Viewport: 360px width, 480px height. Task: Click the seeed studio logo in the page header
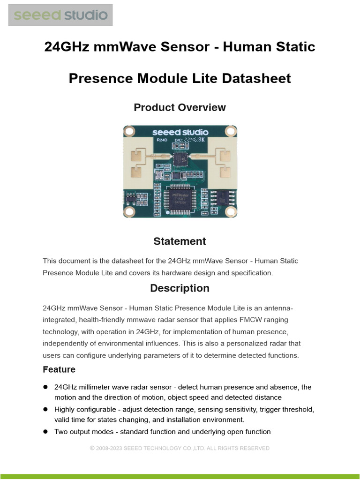60,15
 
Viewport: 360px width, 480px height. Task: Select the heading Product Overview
180,107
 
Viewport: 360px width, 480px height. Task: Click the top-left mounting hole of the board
129,131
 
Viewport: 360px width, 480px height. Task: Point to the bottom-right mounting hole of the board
230,212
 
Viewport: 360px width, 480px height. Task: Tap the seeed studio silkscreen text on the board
180,132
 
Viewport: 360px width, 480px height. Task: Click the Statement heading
180,241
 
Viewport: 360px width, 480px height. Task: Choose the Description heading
180,288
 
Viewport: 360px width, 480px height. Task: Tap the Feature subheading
59,369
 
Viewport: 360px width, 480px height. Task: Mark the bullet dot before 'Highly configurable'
46,409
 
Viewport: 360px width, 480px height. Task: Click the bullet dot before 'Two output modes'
46,432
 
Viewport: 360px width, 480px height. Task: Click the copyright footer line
180,449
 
